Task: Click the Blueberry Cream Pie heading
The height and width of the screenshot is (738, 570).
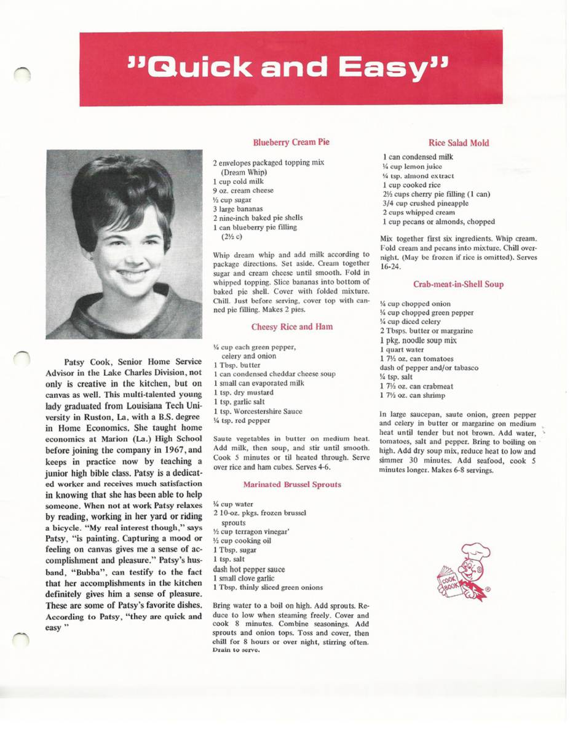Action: coord(291,143)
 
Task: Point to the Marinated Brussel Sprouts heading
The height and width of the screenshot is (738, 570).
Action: coord(292,484)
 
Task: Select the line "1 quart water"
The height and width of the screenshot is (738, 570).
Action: coord(403,349)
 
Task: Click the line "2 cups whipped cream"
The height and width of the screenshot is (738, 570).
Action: coord(415,212)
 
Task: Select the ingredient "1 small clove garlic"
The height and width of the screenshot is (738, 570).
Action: coord(242,578)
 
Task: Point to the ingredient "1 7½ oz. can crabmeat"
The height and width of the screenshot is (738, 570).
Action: coord(412,386)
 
